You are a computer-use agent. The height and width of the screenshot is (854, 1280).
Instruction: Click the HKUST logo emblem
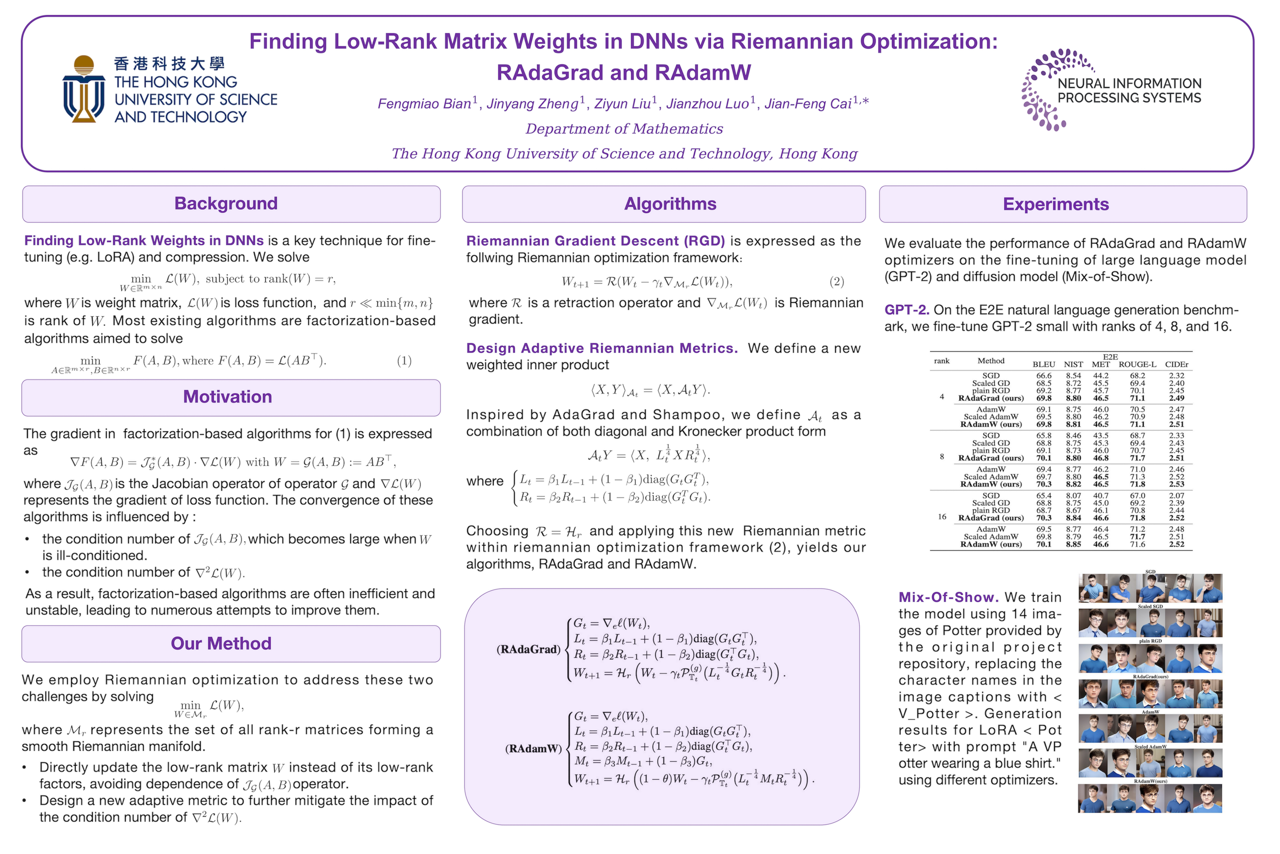click(x=83, y=89)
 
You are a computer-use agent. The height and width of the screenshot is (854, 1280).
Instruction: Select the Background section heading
click(x=226, y=204)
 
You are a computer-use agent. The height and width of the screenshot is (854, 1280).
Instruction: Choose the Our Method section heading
click(x=221, y=644)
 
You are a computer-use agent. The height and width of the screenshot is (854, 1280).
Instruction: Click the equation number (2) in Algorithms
click(x=836, y=282)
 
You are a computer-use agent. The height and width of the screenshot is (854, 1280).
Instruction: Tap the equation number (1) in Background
click(x=404, y=361)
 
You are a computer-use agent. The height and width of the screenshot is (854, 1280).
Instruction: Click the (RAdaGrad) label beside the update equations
click(x=528, y=649)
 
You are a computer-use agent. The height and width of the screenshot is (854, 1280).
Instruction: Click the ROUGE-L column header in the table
click(x=1137, y=364)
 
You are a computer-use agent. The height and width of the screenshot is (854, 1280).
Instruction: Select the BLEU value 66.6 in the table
click(x=1043, y=376)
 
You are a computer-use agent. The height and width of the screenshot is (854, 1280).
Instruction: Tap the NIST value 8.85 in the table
click(x=1073, y=544)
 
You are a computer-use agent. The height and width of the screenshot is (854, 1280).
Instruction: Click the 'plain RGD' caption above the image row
click(x=1150, y=641)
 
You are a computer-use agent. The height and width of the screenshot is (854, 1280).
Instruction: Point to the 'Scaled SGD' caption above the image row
click(x=1150, y=606)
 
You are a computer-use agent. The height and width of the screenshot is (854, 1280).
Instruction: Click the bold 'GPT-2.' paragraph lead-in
click(x=907, y=310)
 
